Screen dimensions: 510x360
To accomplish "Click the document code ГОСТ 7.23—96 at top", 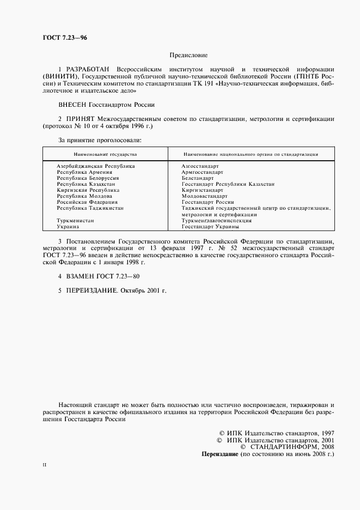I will [x=65, y=38].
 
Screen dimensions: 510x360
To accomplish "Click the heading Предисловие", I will [x=188, y=55].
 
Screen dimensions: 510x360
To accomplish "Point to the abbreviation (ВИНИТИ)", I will [x=59, y=78].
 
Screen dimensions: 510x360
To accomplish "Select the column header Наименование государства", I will [x=106, y=154].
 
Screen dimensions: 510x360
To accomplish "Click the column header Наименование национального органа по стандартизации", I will [x=251, y=154].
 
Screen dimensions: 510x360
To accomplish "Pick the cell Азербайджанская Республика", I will [x=96, y=166].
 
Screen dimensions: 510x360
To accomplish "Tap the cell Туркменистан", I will [x=75, y=221].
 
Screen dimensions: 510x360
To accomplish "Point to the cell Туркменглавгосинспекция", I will [x=216, y=221].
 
